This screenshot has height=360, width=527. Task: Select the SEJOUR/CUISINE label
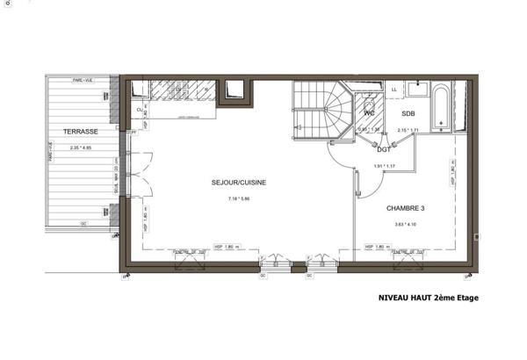click(x=238, y=183)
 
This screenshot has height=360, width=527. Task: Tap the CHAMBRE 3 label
click(x=405, y=208)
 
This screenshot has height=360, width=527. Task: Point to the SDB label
click(x=408, y=115)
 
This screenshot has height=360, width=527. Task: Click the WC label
click(x=370, y=114)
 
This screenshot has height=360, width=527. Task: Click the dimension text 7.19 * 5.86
click(x=238, y=199)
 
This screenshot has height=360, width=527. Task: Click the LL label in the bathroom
click(x=393, y=90)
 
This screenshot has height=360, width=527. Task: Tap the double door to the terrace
click(x=128, y=174)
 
